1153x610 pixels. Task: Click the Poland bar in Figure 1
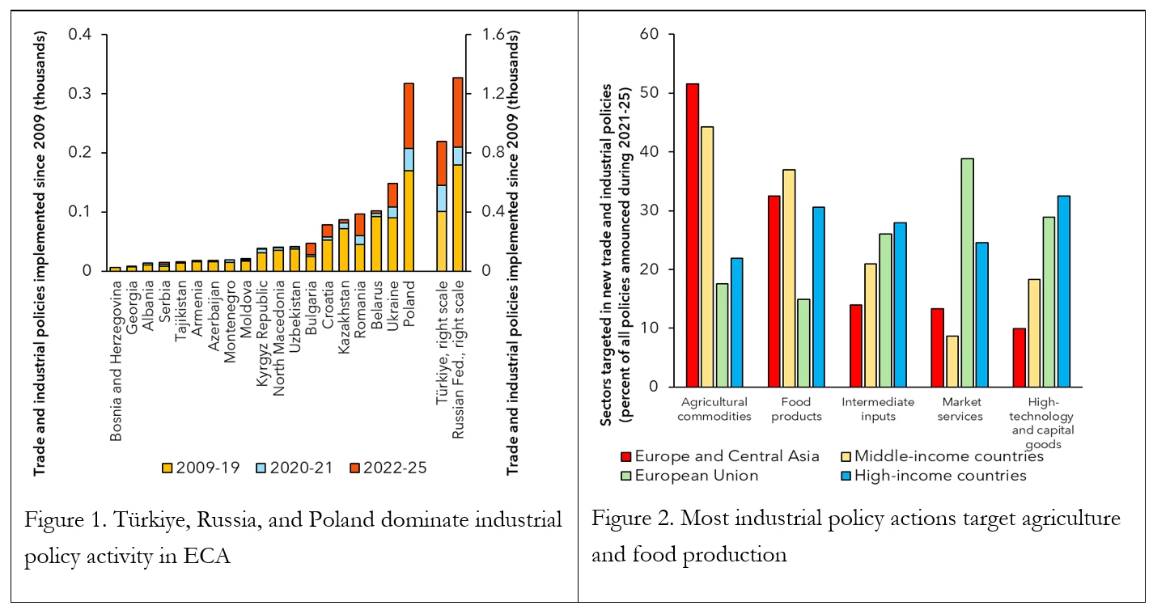(409, 186)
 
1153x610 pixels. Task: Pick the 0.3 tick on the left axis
(80, 94)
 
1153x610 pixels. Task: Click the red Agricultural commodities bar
(693, 235)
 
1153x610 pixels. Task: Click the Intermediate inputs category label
(877, 409)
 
